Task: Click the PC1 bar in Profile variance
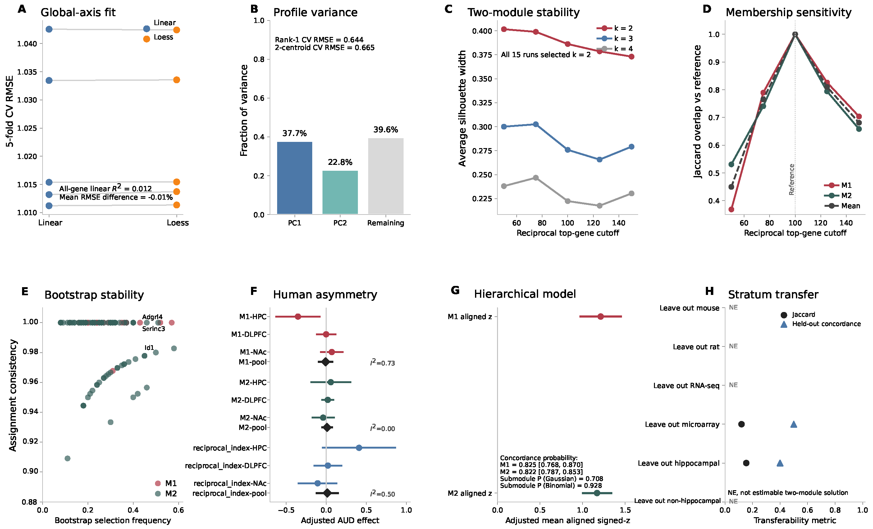pos(295,178)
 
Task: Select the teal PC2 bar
pos(340,192)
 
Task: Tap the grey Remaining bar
pos(386,176)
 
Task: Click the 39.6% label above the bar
pos(386,129)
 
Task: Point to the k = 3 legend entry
pos(615,38)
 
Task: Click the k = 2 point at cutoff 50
pos(504,29)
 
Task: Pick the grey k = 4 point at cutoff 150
pos(631,193)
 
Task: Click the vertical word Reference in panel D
pos(792,179)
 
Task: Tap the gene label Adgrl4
pos(152,317)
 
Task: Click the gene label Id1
pos(149,347)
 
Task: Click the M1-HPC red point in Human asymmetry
pos(298,317)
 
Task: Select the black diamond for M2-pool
pos(327,427)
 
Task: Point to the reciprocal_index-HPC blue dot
pos(359,448)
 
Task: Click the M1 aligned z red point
pos(601,317)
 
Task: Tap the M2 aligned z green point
pos(597,493)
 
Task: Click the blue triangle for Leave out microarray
pos(794,424)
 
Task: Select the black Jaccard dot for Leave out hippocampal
pos(746,463)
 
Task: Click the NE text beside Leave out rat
pos(734,346)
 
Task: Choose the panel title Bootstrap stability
pos(94,295)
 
